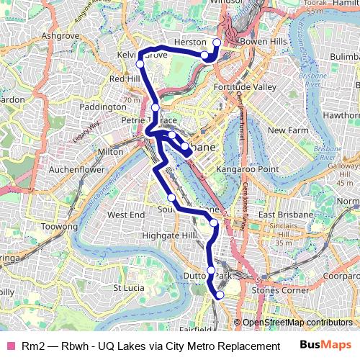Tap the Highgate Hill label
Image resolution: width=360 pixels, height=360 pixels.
(169, 235)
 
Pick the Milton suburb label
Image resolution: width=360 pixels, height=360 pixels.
(109, 152)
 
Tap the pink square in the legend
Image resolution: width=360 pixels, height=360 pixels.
(10, 346)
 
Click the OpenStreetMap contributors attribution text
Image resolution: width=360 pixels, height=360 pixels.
(297, 323)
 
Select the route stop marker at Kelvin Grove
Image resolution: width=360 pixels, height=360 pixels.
(141, 65)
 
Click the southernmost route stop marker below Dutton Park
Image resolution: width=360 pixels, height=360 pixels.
(220, 294)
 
